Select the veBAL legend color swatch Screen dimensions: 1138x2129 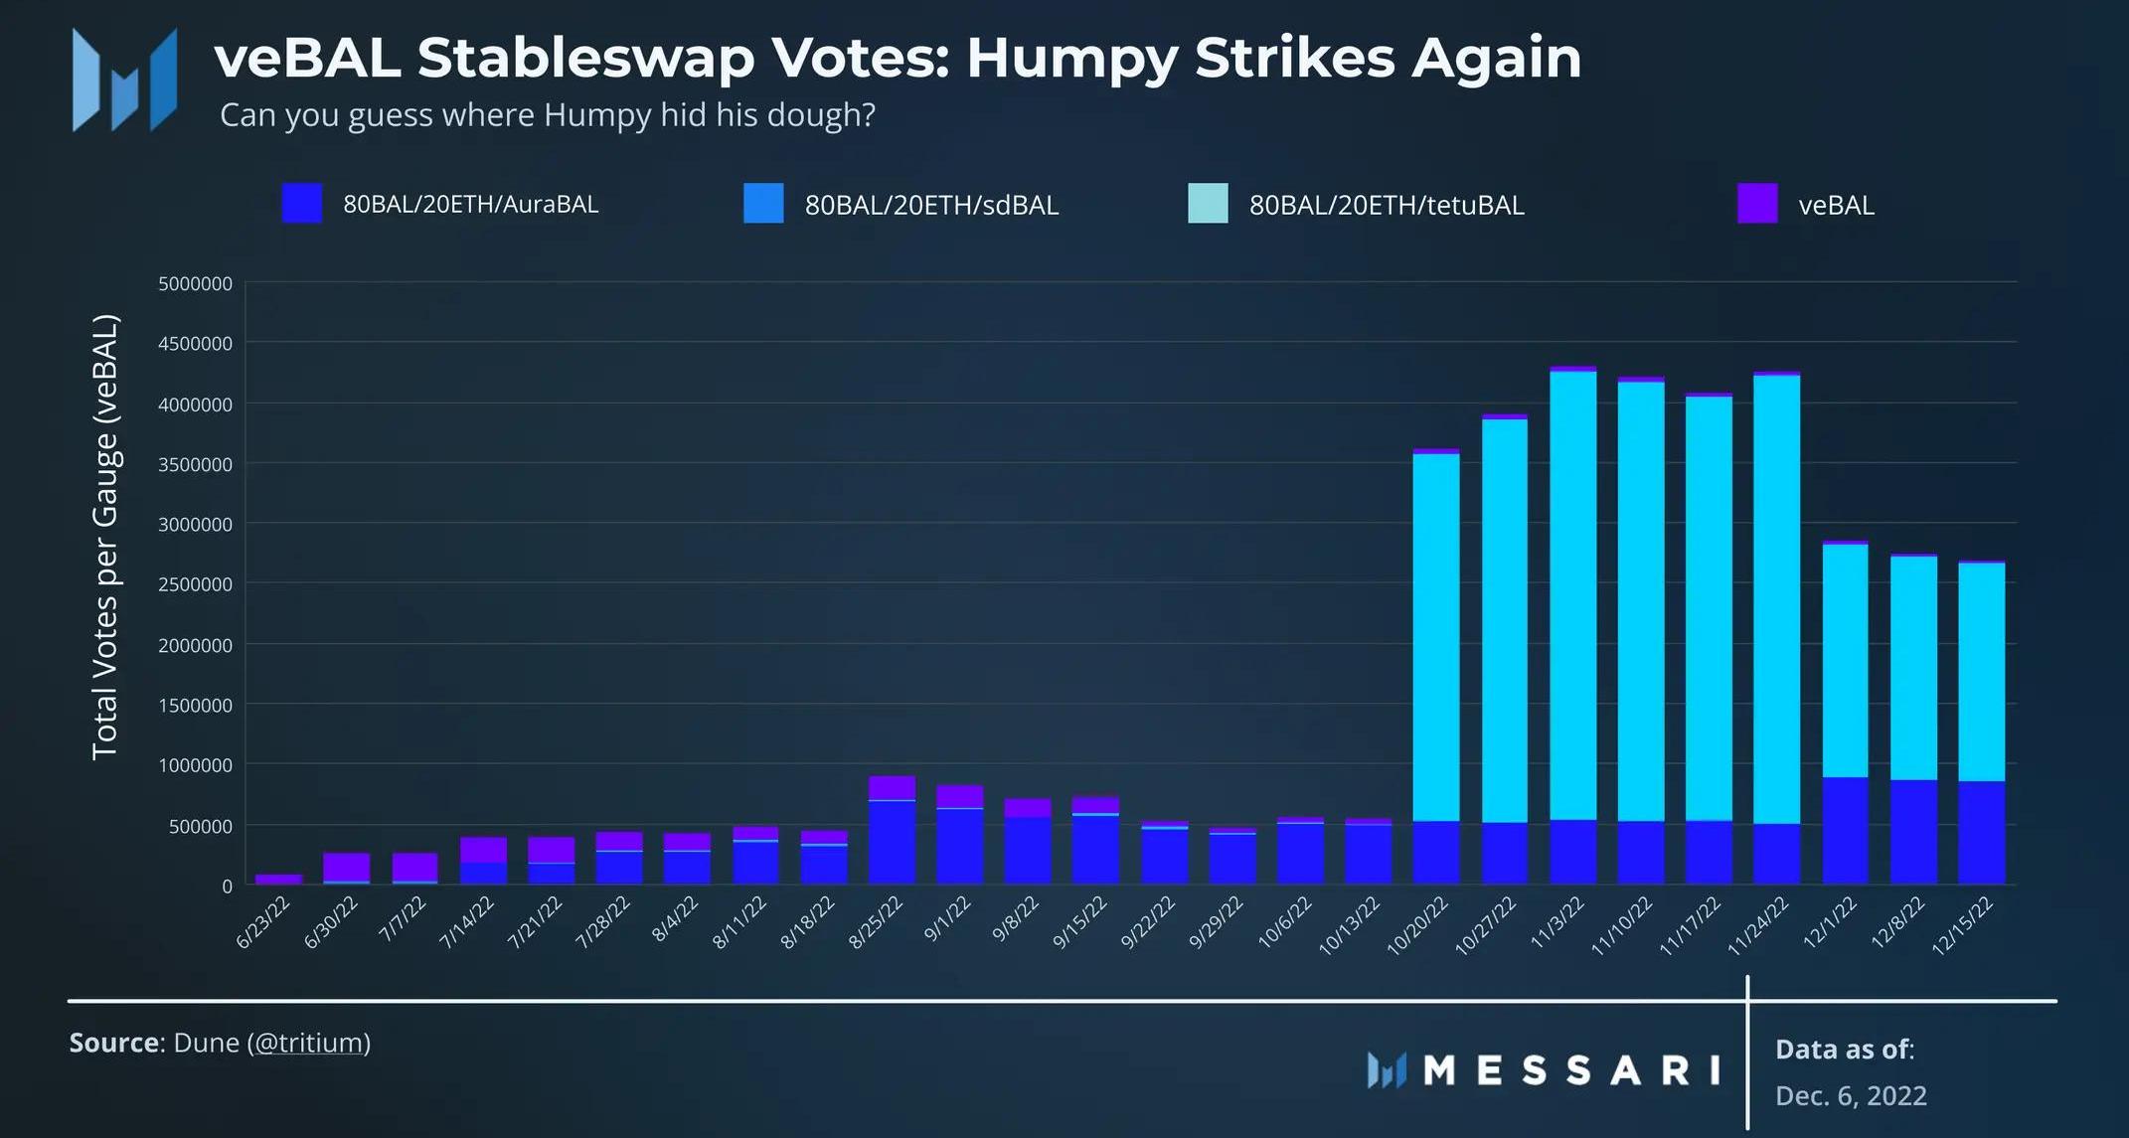pyautogui.click(x=1756, y=204)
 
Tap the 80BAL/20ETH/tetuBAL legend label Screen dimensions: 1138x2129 pyautogui.click(x=1386, y=205)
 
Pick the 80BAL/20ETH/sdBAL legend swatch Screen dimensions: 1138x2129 pyautogui.click(x=762, y=204)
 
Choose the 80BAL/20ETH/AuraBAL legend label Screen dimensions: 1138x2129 pyautogui.click(x=470, y=204)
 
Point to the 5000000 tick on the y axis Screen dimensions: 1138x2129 pyautogui.click(x=195, y=283)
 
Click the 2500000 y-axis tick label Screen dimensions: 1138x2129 pyautogui.click(x=195, y=584)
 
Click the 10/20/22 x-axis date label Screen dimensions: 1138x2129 pyautogui.click(x=1418, y=925)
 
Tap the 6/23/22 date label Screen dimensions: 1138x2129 pyautogui.click(x=263, y=921)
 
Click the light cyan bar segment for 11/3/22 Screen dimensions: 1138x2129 pyautogui.click(x=1573, y=596)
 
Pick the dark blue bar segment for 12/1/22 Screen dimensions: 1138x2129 pyautogui.click(x=1845, y=831)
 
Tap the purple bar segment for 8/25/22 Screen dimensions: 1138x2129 pyautogui.click(x=892, y=787)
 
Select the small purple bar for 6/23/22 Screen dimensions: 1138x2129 pyautogui.click(x=278, y=880)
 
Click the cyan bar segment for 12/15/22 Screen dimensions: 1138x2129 pyautogui.click(x=1981, y=672)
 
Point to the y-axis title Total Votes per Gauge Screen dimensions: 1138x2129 pyautogui.click(x=105, y=537)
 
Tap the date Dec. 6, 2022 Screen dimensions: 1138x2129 pyautogui.click(x=1851, y=1095)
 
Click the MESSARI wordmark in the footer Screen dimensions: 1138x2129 pyautogui.click(x=1570, y=1070)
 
